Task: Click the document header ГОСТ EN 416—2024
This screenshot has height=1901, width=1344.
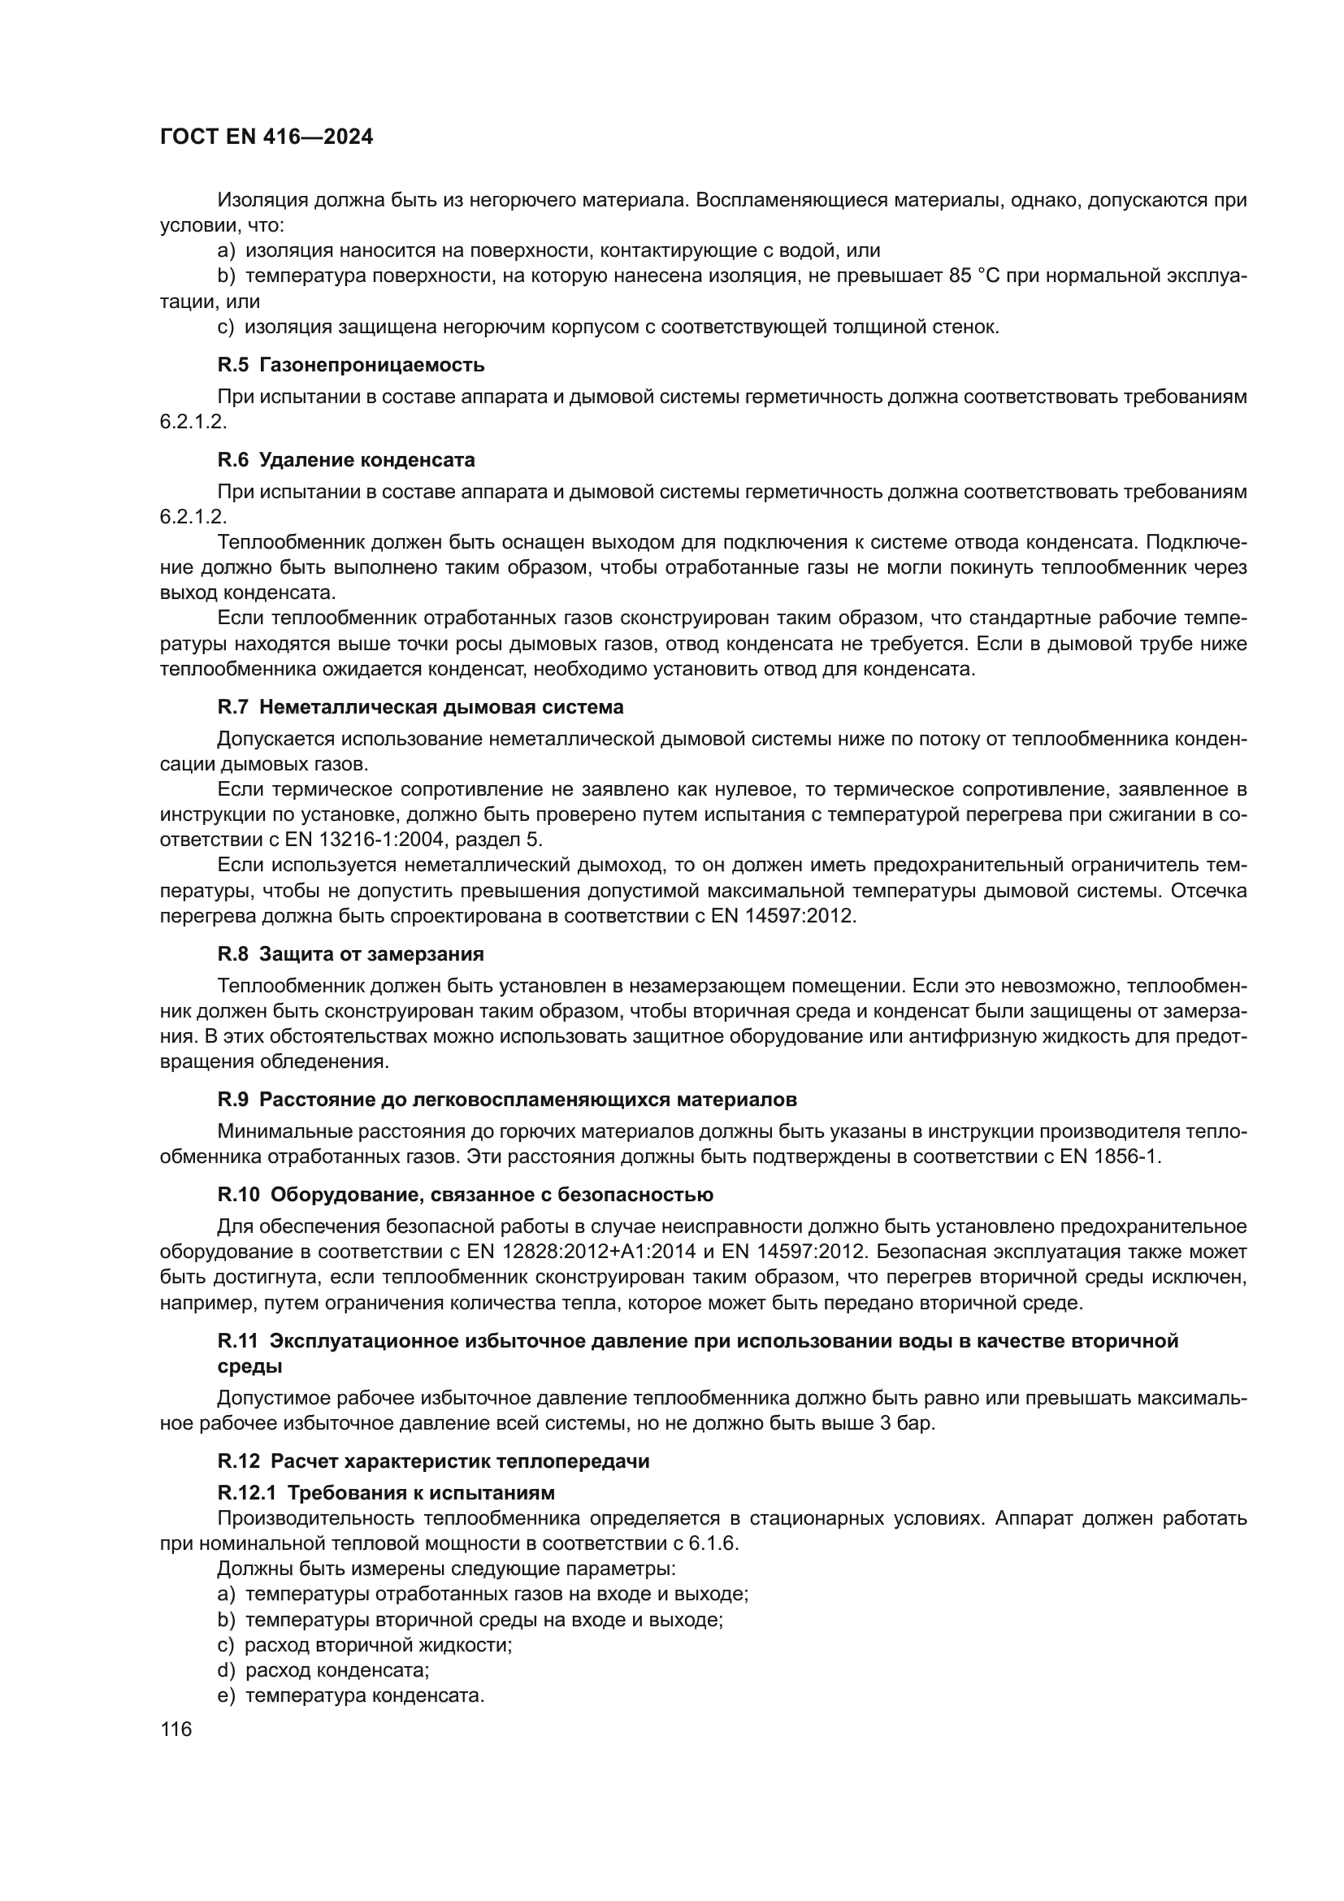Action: click(266, 137)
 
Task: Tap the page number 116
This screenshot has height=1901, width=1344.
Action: click(176, 1729)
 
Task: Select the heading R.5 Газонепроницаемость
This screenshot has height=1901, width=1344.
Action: click(351, 365)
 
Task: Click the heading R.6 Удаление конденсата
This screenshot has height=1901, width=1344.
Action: click(346, 459)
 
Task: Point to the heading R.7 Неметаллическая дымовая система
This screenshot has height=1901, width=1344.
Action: click(420, 707)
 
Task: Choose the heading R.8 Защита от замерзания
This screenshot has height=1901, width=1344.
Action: click(350, 954)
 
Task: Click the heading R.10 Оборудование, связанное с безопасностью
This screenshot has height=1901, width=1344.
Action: click(465, 1195)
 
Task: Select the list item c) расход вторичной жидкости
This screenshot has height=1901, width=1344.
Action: click(364, 1644)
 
